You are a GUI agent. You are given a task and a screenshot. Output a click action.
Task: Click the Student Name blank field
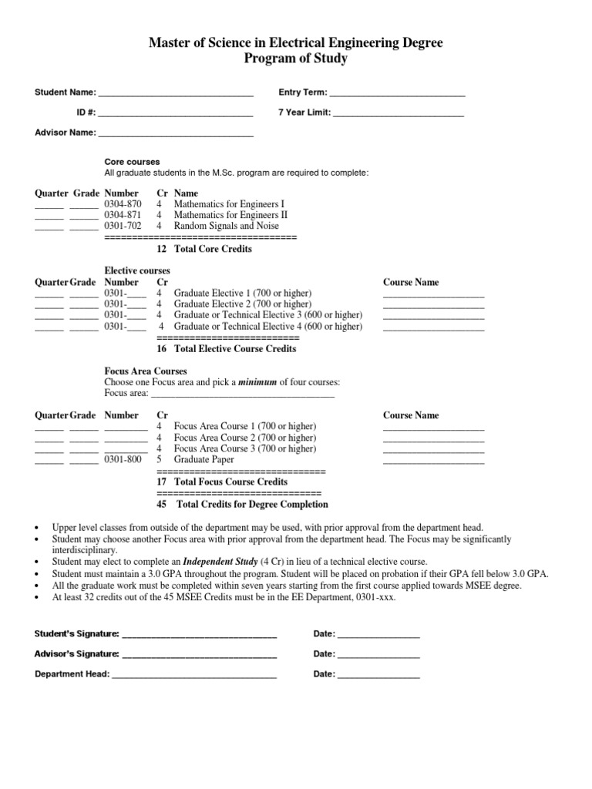pyautogui.click(x=176, y=94)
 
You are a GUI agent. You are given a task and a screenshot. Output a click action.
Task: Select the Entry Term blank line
pyautogui.click(x=397, y=94)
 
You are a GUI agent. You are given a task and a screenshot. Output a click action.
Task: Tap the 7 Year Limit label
pyautogui.click(x=304, y=112)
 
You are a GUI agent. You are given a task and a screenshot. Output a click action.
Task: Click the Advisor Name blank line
pyautogui.click(x=176, y=133)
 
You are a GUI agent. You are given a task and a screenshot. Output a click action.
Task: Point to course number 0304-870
pyautogui.click(x=123, y=204)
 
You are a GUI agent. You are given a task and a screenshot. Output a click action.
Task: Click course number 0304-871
pyautogui.click(x=123, y=215)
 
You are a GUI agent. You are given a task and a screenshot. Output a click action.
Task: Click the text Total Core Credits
pyautogui.click(x=213, y=249)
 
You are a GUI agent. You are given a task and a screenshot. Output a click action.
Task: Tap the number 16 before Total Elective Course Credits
pyautogui.click(x=162, y=349)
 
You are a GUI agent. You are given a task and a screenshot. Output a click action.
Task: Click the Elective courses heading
pyautogui.click(x=137, y=271)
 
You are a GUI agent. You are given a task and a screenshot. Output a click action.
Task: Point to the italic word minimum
pyautogui.click(x=257, y=383)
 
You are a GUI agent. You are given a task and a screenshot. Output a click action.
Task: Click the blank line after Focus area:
pyautogui.click(x=242, y=394)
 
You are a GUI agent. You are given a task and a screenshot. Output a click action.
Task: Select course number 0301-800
pyautogui.click(x=123, y=460)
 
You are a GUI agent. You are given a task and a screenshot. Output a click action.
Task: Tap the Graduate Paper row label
pyautogui.click(x=204, y=460)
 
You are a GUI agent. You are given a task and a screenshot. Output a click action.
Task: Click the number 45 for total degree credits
pyautogui.click(x=162, y=505)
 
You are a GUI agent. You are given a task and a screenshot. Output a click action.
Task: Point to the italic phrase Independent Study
pyautogui.click(x=220, y=562)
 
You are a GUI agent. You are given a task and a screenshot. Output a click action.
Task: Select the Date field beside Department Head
pyautogui.click(x=378, y=675)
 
